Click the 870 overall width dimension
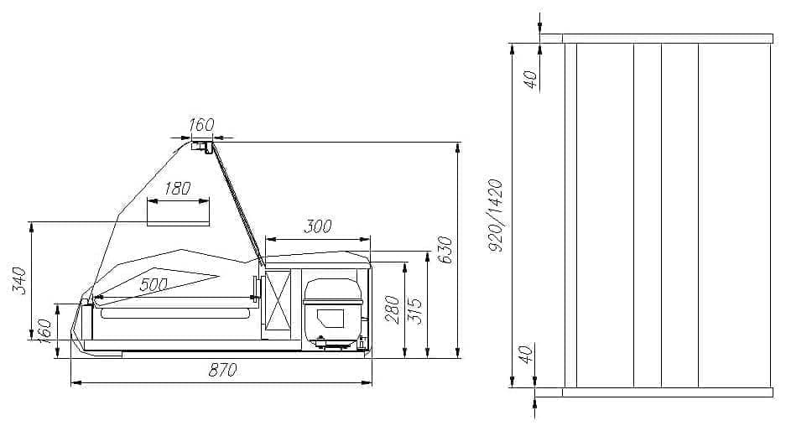pos(222,370)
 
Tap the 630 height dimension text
pos(445,250)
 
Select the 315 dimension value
pos(416,311)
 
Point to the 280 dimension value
pos(393,309)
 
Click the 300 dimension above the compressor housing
pos(317,226)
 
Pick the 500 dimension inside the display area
pos(154,284)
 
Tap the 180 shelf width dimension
pos(178,189)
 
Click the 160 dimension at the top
pos(201,124)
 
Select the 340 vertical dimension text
pos(19,281)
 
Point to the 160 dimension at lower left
pos(44,330)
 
